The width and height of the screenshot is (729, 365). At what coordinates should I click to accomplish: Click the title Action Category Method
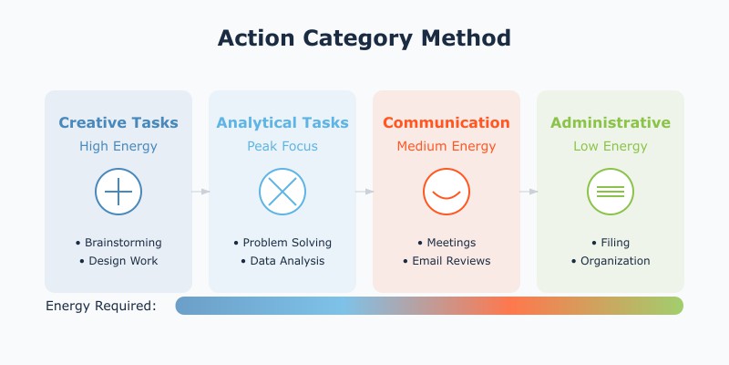364,38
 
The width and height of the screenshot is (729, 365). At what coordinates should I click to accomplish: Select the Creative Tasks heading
118,122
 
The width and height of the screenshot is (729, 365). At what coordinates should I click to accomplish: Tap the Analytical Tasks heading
282,122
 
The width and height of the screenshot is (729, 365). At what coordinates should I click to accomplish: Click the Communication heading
447,122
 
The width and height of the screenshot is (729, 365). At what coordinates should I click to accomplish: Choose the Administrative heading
611,122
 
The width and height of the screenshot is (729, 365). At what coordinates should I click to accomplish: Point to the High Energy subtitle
118,146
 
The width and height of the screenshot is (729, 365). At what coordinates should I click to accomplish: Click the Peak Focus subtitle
282,146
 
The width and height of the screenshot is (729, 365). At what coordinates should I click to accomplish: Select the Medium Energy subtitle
447,146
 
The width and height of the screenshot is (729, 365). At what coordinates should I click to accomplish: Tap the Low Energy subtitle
611,146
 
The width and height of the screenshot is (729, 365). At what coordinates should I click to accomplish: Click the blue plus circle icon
118,192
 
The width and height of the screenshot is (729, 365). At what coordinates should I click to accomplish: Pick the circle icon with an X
282,192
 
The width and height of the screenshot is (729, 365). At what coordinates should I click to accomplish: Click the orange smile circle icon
447,192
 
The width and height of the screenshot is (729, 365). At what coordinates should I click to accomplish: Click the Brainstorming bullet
118,243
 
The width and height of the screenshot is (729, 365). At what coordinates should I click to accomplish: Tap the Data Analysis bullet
282,261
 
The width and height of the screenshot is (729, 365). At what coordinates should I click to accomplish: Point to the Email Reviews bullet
447,261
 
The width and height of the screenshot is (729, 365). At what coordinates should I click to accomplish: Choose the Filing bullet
611,243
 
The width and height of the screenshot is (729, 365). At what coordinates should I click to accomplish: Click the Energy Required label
100,306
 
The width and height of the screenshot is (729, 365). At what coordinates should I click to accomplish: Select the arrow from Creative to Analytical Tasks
200,192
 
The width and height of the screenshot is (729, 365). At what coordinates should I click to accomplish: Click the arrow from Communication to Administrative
529,192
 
